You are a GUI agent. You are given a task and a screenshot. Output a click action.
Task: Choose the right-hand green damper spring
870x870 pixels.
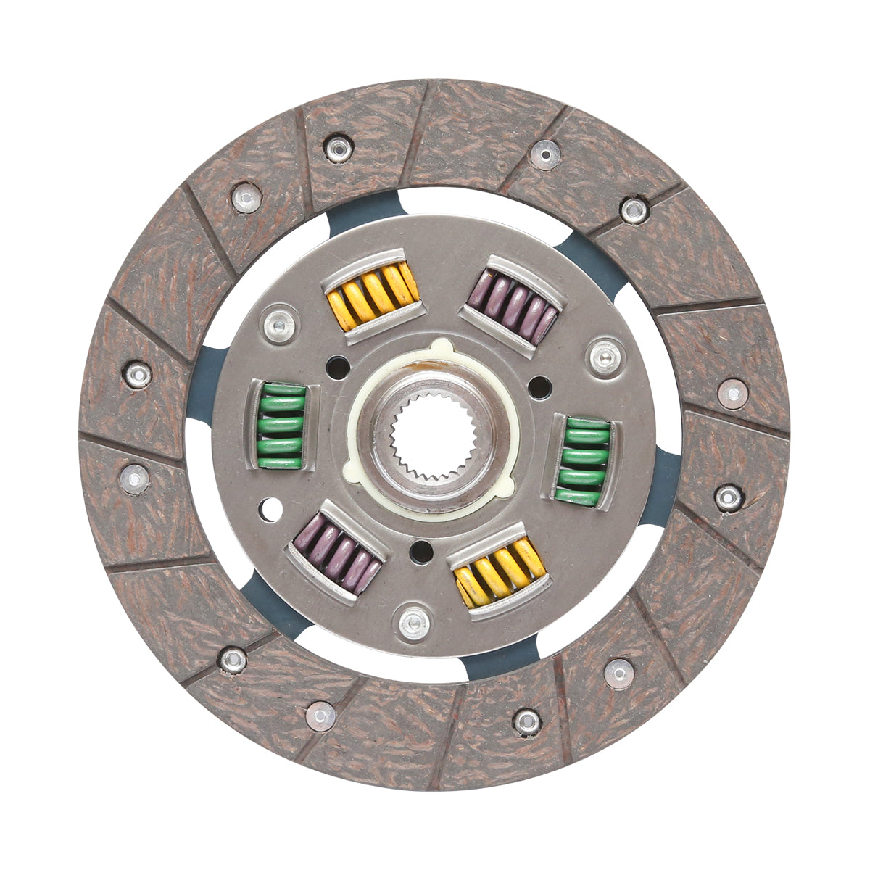(584, 460)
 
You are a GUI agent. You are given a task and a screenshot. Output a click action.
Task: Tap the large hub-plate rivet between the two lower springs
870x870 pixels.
(413, 622)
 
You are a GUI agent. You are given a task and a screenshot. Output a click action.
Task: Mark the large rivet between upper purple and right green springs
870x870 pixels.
(605, 356)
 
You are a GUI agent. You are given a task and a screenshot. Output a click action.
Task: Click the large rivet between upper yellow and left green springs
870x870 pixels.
(280, 326)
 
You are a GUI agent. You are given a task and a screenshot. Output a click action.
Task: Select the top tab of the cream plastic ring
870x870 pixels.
(440, 347)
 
